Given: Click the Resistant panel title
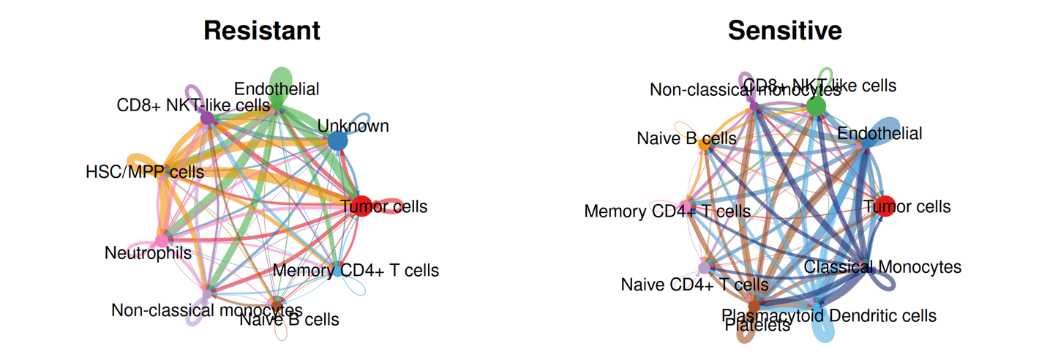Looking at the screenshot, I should coord(261,31).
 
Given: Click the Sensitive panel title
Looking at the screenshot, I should coord(784,31).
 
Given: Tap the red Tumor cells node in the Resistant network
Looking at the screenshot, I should coord(361,206).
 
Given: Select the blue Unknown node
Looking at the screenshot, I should coord(337,140).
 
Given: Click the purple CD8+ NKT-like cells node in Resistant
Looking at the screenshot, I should coord(207,117).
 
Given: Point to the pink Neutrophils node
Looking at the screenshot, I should coord(162,240).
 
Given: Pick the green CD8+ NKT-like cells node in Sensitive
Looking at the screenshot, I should coord(816,107).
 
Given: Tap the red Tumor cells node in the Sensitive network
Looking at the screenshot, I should coord(885,206).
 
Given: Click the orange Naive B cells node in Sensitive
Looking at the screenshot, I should coord(704,145).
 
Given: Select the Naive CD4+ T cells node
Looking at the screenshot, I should coord(704,268).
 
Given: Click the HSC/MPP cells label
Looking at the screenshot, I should coord(144,172).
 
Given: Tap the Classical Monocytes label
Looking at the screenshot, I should coord(882,266).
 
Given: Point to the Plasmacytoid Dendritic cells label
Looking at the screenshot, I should coord(829,315).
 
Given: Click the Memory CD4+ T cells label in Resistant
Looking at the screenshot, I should coord(356,270).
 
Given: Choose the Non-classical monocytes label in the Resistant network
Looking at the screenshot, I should coord(206,310).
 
